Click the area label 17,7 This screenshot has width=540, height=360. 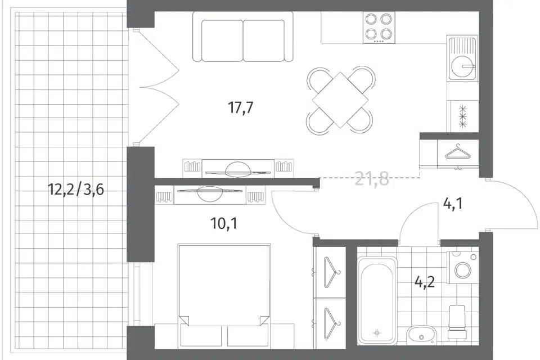click(x=241, y=107)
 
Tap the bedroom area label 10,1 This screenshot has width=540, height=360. click(x=224, y=224)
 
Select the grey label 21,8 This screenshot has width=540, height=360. click(x=372, y=179)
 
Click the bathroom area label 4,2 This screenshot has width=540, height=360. click(x=425, y=282)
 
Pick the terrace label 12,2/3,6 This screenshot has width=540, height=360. click(x=76, y=189)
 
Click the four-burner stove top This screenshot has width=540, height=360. click(x=379, y=28)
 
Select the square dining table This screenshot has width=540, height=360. click(x=340, y=100)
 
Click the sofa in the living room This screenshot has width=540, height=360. click(x=243, y=37)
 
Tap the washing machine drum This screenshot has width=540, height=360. click(x=463, y=270)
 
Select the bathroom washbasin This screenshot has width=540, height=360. click(x=421, y=335)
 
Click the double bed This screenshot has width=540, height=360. click(x=224, y=296)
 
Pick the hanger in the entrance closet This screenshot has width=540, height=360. click(x=458, y=152)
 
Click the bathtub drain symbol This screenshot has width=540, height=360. click(x=377, y=333)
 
